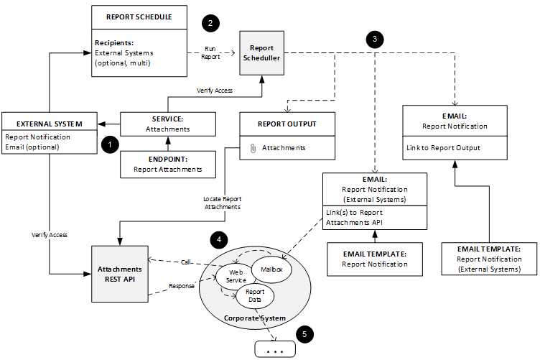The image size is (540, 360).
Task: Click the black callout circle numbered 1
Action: [109, 144]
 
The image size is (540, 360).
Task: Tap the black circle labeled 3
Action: [373, 40]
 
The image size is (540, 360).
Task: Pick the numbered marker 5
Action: [305, 334]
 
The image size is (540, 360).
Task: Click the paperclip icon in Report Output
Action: [252, 147]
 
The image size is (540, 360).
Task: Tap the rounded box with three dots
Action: [276, 349]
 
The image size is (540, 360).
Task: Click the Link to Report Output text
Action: [443, 148]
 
